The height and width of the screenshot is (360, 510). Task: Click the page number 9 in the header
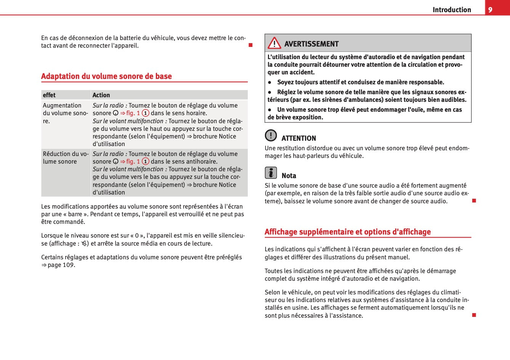(490, 10)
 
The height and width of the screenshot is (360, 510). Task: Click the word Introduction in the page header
(452, 10)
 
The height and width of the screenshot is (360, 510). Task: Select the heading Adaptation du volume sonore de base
(106, 76)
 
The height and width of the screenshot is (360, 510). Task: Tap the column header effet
(49, 95)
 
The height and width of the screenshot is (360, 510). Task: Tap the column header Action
(101, 95)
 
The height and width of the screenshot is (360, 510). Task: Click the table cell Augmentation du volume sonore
(65, 113)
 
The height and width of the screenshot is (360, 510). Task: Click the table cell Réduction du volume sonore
(65, 158)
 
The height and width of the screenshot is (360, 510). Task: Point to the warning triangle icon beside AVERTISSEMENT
(274, 43)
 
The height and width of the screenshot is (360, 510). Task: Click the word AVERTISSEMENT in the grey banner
(311, 44)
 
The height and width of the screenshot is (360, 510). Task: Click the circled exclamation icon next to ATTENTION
(271, 135)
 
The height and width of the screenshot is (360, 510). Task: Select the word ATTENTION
(299, 138)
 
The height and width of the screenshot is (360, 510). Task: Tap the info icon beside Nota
(271, 173)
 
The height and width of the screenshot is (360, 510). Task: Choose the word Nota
(289, 176)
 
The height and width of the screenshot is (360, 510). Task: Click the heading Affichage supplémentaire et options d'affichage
(348, 232)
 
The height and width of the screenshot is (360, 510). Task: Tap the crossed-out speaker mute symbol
(84, 243)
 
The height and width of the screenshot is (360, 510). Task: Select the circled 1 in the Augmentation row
(145, 113)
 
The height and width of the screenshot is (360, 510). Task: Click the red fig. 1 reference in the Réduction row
(130, 162)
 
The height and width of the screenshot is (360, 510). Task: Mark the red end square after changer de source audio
(474, 201)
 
